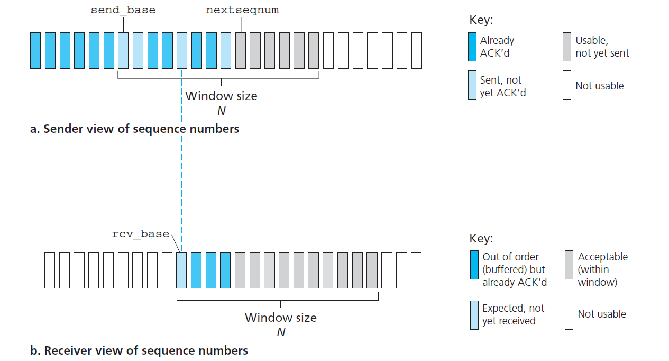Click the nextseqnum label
[242, 10]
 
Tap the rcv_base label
[141, 234]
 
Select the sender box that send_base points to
[123, 50]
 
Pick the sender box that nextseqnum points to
[241, 50]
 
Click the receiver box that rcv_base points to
[181, 270]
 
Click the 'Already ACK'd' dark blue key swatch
[472, 47]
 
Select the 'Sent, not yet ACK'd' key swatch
[472, 86]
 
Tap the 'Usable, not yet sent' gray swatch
[567, 47]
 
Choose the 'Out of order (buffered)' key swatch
[474, 264]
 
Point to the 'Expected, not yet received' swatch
[474, 315]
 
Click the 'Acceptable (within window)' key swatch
[569, 264]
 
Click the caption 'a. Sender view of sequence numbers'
[134, 129]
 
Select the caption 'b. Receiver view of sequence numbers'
[139, 350]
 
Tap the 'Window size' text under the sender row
[221, 96]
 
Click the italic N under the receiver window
[281, 332]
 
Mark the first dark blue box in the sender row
[35, 50]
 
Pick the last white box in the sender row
[416, 50]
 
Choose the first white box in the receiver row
[50, 270]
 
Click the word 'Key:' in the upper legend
[481, 21]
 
